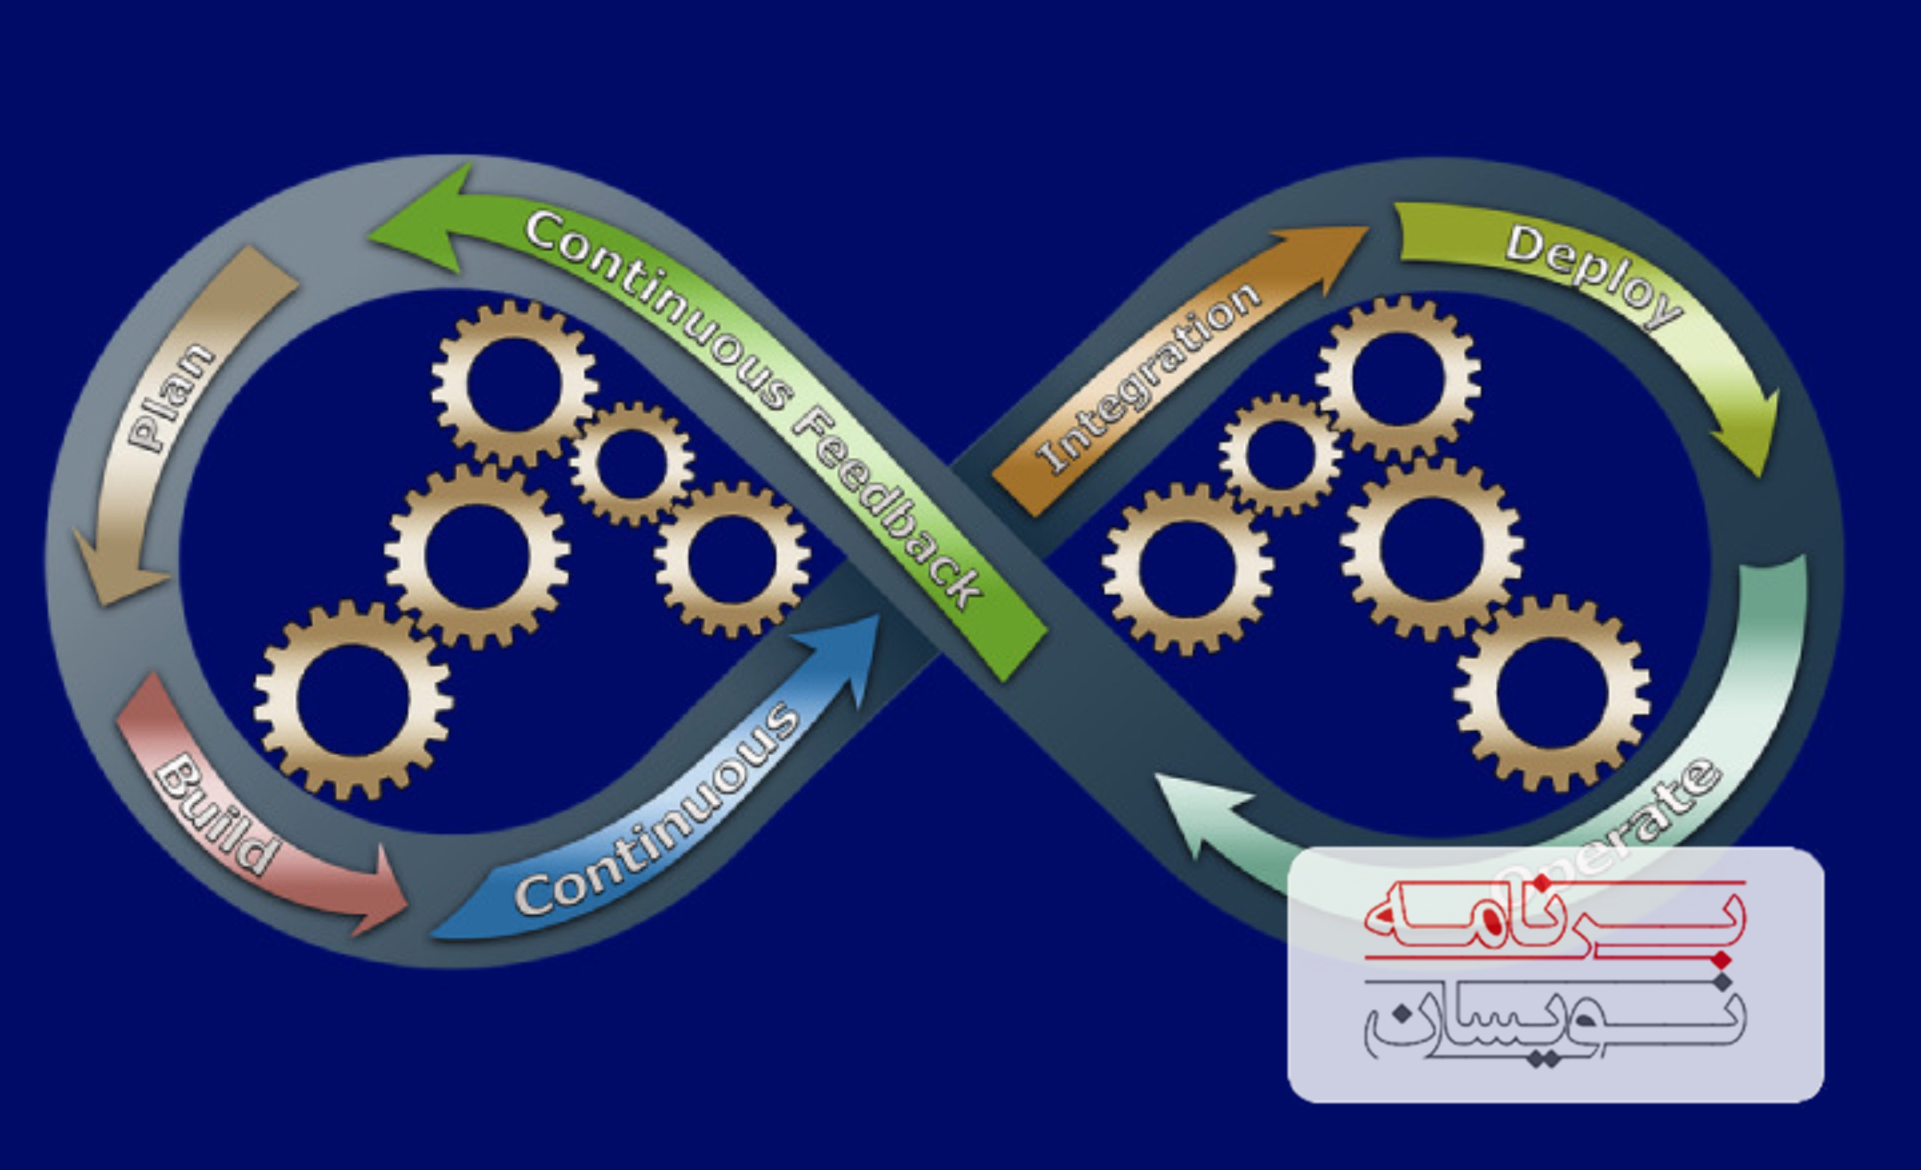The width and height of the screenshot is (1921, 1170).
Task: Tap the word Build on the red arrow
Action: click(217, 813)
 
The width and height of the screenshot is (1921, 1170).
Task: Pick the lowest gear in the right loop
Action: click(1552, 693)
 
